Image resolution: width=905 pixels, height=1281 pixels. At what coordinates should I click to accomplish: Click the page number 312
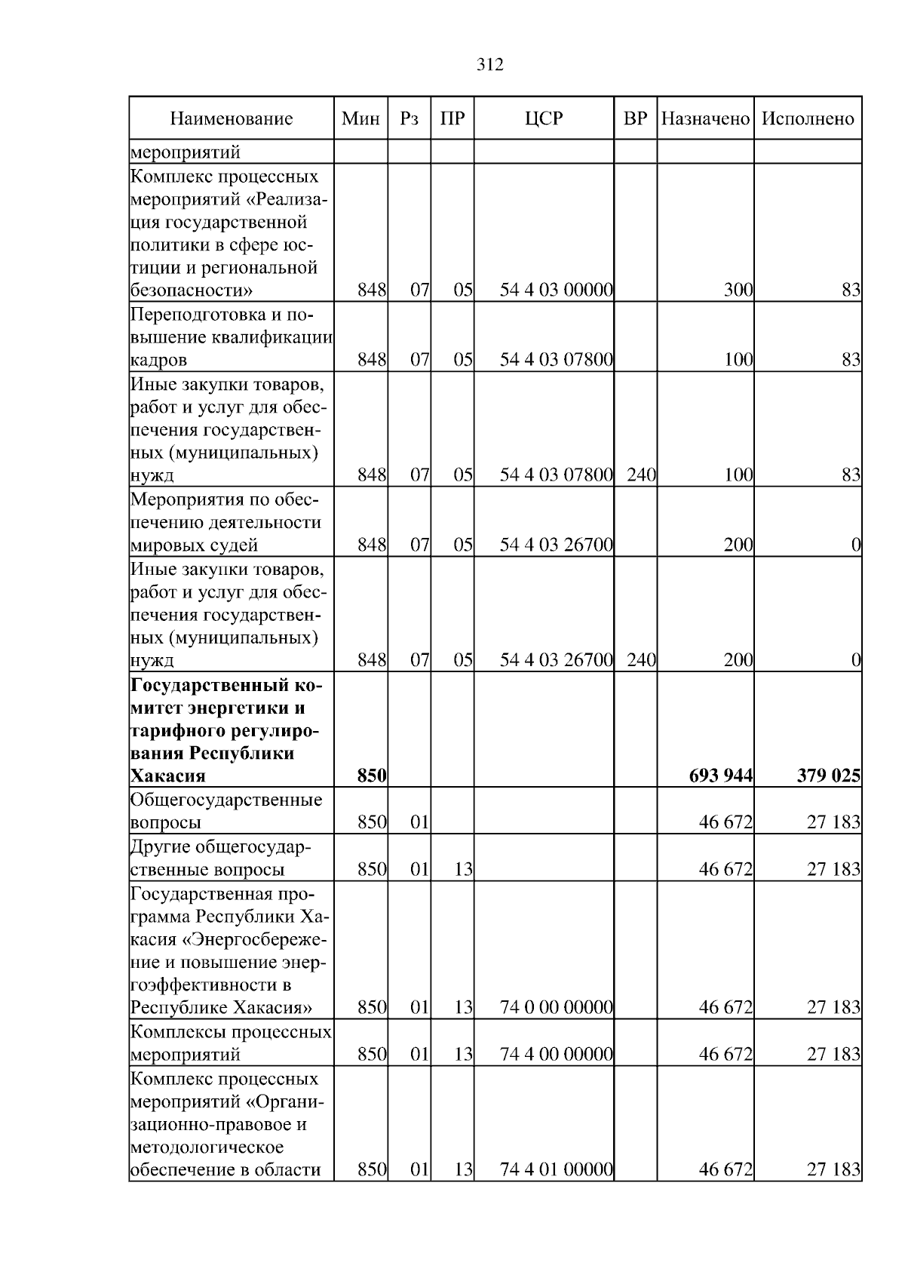pos(490,65)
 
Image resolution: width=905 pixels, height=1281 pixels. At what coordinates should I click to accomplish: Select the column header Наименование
pos(231,118)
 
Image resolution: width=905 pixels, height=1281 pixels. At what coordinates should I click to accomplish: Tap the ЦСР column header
pos(544,118)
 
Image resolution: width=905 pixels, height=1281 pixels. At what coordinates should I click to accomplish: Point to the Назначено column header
pos(705,118)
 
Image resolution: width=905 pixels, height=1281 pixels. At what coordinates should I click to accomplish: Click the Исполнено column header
pos(808,118)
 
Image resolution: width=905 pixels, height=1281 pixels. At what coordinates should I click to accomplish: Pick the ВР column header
pos(635,118)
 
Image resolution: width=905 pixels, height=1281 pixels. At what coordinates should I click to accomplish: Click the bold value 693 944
pos(721,776)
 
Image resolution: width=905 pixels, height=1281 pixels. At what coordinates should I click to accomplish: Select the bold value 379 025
pos(829,776)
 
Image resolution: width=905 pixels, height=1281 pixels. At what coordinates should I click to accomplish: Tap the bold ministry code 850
pos(373,776)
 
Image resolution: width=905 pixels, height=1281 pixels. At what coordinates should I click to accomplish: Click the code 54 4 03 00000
pos(556,290)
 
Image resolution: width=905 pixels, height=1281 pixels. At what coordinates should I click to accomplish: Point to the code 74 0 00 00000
pos(556,1007)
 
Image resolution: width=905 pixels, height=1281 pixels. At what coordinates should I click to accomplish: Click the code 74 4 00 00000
pos(556,1054)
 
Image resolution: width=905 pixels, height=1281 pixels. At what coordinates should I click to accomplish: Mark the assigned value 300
pos(738,290)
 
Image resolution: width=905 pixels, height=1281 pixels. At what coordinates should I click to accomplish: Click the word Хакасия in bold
pos(168,776)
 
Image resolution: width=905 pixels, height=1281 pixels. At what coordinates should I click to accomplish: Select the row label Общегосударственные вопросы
pos(226,811)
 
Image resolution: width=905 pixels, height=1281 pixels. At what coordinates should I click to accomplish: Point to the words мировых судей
pos(195,545)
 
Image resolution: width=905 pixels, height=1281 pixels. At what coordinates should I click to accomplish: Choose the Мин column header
pos(360,118)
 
